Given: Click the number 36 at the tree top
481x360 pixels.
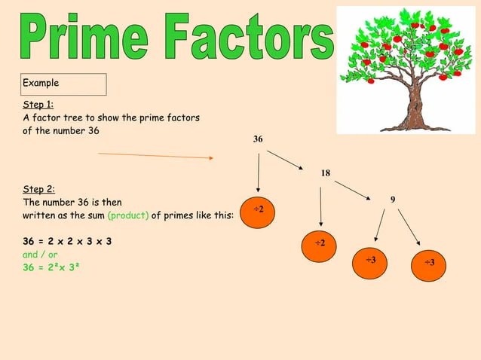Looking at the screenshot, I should tap(258, 139).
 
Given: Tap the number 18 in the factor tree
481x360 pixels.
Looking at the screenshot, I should tap(325, 173).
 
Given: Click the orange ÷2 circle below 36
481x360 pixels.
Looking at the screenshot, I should tap(257, 209).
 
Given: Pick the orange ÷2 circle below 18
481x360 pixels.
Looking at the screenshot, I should tap(320, 243).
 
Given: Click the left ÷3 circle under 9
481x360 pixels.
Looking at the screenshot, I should tap(371, 260).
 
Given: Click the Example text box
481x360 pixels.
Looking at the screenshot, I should tap(63, 84).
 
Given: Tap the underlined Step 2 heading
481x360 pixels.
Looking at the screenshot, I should tap(38, 190).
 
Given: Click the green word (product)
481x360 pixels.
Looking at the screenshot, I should tap(133, 215).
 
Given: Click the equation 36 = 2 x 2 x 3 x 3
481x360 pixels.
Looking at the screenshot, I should tap(68, 242).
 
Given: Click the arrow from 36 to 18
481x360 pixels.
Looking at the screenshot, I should tap(285, 160).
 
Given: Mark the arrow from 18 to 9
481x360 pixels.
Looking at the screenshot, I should tap(353, 190).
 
